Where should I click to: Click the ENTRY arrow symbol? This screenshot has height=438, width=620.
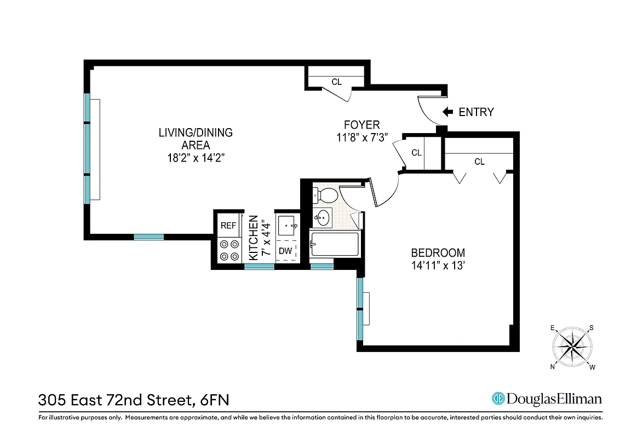click(447, 112)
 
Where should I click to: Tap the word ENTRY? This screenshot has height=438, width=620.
click(476, 112)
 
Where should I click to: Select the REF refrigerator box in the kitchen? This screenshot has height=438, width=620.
click(227, 226)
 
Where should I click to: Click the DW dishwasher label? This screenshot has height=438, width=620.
click(285, 251)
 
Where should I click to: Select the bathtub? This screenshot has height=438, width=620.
click(334, 244)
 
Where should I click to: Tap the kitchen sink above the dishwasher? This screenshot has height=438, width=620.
click(287, 225)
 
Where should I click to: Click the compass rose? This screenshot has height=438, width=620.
click(572, 347)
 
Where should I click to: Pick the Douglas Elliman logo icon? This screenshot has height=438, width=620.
click(498, 399)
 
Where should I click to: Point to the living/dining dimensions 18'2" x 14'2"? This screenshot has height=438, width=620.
click(196, 158)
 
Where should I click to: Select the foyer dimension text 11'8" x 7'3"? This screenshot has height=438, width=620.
click(361, 137)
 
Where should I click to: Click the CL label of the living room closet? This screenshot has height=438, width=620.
click(336, 82)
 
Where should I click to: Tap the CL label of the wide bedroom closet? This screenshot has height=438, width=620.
click(479, 162)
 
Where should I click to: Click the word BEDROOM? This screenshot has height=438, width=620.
click(438, 253)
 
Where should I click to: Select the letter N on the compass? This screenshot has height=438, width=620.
click(552, 367)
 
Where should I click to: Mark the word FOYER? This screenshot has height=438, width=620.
click(361, 125)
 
